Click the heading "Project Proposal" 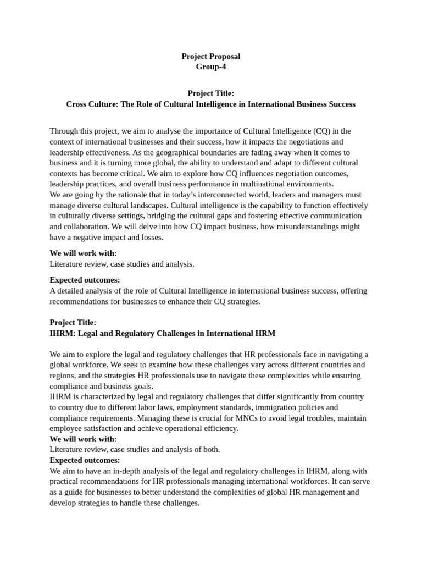point(211,57)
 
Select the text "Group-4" point(211,67)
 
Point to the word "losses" point(152,237)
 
